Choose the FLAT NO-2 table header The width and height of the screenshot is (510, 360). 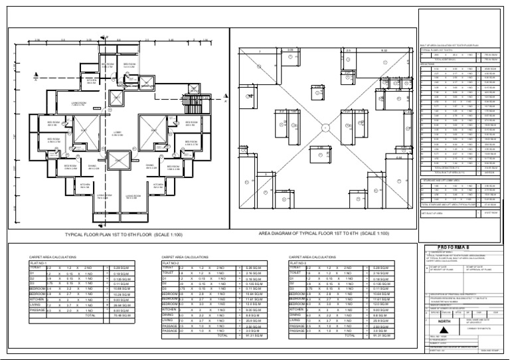[171, 262]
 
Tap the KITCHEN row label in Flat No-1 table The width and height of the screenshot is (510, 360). [37, 299]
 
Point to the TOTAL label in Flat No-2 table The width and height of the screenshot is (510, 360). [223, 335]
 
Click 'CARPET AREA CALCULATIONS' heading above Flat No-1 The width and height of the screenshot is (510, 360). [54, 256]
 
